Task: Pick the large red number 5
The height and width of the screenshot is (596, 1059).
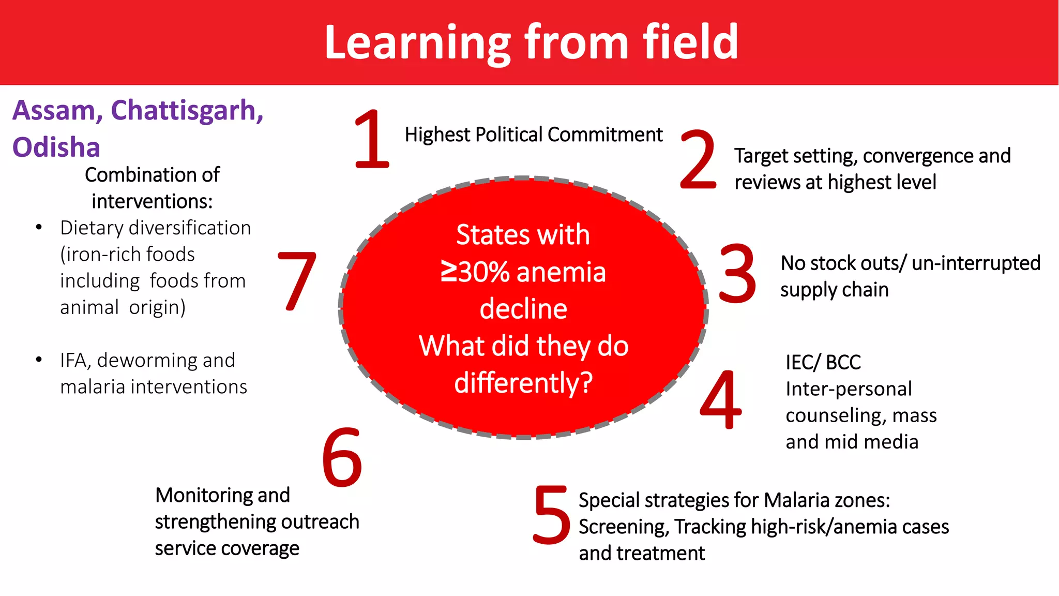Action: point(551,515)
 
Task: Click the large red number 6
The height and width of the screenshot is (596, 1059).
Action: point(342,457)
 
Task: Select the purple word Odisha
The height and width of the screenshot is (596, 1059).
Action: point(56,147)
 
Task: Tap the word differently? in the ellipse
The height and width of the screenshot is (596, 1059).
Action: point(523,383)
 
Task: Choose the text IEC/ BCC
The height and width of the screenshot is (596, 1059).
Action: point(823,362)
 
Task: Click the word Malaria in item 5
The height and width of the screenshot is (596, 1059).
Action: point(797,500)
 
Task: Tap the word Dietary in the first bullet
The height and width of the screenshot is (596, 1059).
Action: point(93,228)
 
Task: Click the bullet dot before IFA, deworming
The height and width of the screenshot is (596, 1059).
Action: point(39,360)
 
